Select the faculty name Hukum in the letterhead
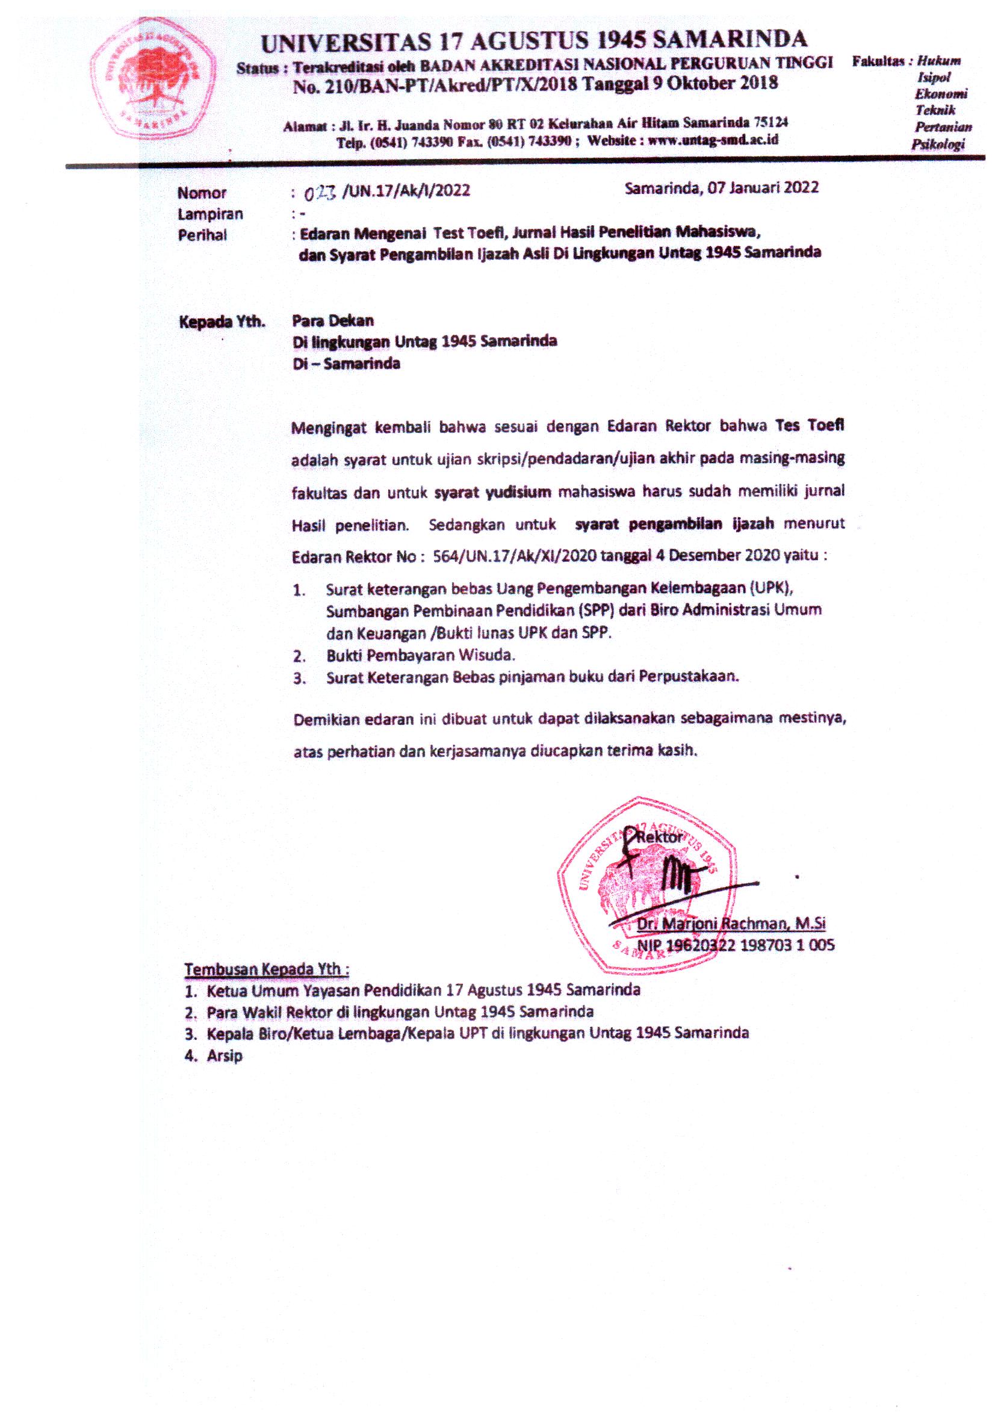coord(938,61)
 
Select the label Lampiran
coord(210,214)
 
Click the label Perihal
coord(202,235)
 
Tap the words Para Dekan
coord(333,320)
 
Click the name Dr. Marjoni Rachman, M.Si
coord(731,924)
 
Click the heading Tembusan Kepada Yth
coord(267,969)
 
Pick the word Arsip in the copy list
coord(225,1056)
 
